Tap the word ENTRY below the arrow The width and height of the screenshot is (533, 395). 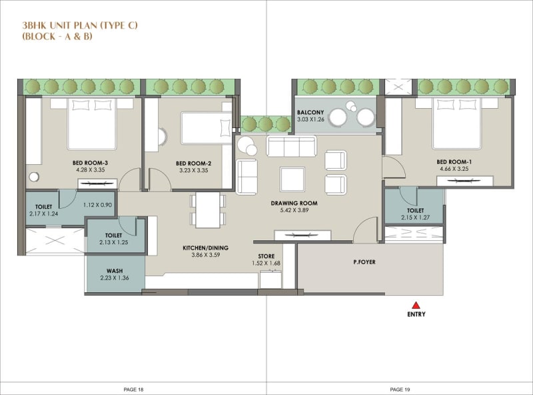tap(416, 314)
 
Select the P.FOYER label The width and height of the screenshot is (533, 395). tap(364, 262)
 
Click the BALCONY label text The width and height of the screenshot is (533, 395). tap(310, 113)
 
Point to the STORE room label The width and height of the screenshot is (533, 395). tap(266, 256)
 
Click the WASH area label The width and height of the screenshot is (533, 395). tap(115, 271)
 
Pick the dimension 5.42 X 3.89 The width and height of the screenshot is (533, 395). tap(294, 211)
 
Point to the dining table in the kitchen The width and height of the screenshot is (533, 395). tap(208, 209)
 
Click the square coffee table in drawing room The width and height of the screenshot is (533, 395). tap(292, 179)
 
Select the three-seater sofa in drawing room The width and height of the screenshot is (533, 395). tap(292, 146)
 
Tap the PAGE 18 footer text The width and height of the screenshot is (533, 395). tap(133, 388)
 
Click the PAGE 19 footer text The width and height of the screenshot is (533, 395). tap(400, 388)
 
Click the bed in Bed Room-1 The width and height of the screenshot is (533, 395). tap(456, 123)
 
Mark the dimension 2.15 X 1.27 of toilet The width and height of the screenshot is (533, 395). tap(414, 217)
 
